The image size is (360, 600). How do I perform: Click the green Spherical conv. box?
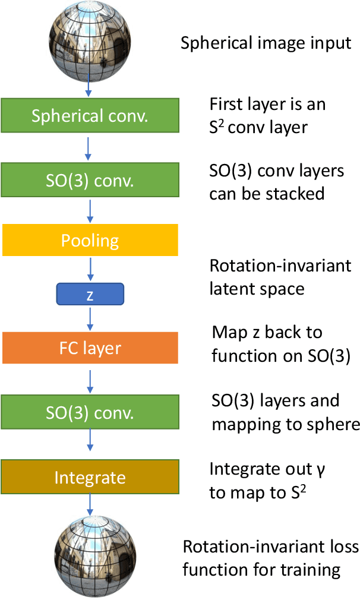click(x=90, y=115)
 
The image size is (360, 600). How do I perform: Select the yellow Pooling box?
click(x=90, y=240)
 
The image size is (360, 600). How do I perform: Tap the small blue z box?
click(x=90, y=294)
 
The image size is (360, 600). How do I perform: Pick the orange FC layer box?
click(x=90, y=348)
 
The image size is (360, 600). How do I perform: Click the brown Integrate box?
click(x=90, y=477)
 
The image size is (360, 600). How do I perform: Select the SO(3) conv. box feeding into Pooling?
click(x=90, y=179)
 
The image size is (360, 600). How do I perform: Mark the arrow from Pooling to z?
click(x=90, y=269)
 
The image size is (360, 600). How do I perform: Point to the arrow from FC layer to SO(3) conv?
click(x=90, y=380)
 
